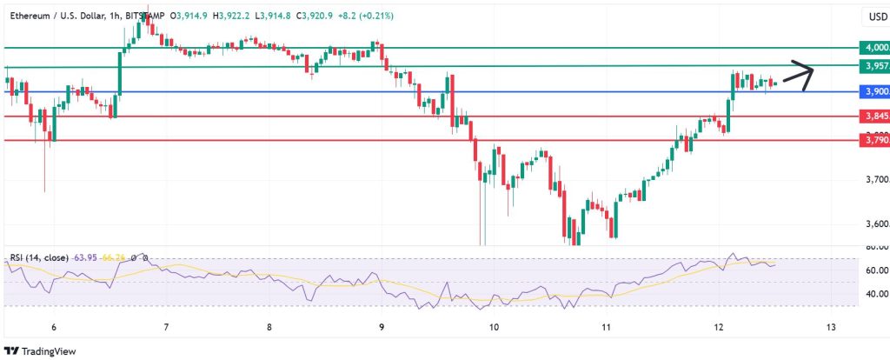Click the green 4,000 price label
point(873,47)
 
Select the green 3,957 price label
point(873,66)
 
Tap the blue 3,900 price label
point(873,91)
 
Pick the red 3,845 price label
point(873,116)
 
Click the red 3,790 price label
point(873,139)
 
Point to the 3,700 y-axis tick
point(873,180)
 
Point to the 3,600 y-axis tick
point(873,224)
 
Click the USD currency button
point(873,17)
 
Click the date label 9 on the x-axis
point(382,327)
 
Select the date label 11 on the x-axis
point(608,327)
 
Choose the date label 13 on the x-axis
point(832,327)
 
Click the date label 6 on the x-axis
point(54,327)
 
